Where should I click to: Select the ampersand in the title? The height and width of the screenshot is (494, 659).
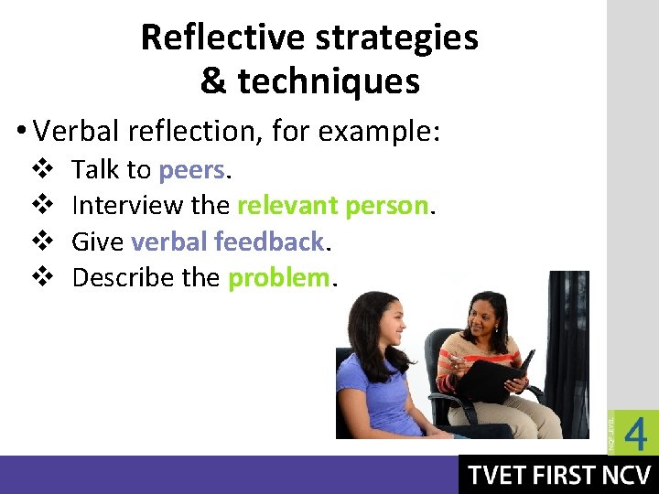coord(212,81)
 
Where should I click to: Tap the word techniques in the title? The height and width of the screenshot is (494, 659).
coord(328,81)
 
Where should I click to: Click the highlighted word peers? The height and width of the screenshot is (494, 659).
coord(191,170)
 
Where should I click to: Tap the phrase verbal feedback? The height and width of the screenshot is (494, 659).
coord(228,242)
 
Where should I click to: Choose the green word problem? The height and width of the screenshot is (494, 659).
coord(277,277)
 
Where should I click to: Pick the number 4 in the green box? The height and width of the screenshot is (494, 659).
coord(634,435)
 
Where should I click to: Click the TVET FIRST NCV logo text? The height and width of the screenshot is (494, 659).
coord(558,476)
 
